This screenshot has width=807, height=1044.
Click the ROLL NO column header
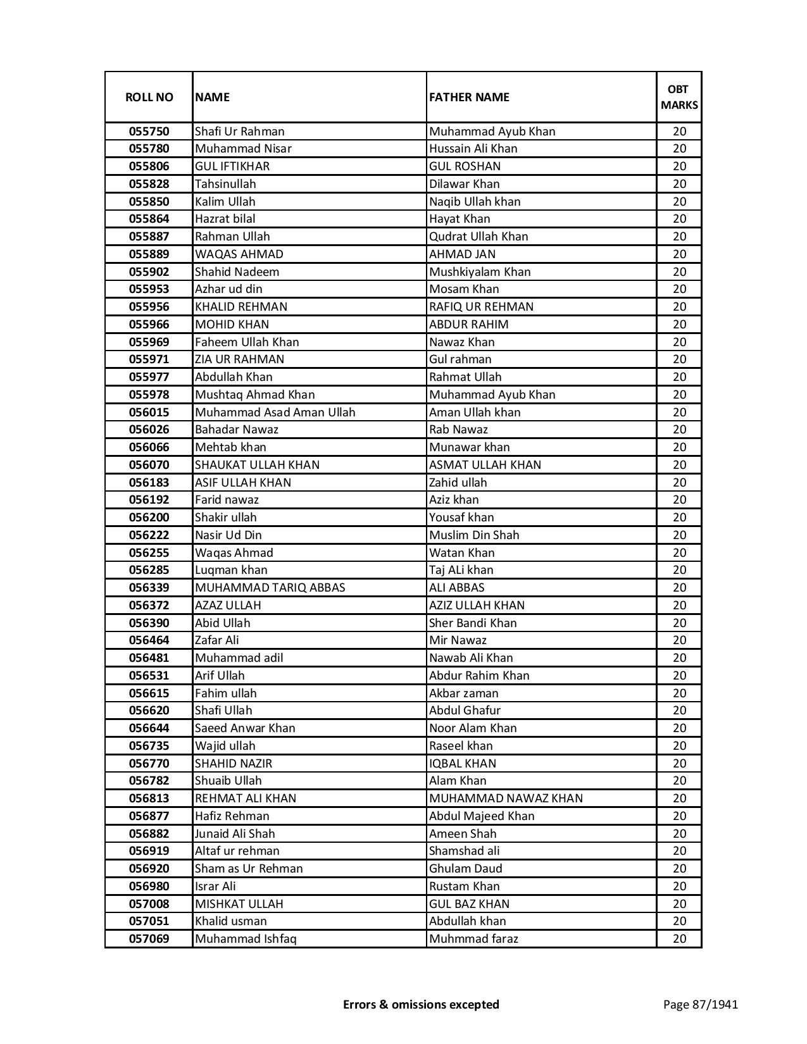(x=149, y=97)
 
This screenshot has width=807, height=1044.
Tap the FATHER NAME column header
(x=469, y=97)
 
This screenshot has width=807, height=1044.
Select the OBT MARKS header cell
(x=679, y=97)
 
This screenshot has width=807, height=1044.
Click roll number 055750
(x=149, y=132)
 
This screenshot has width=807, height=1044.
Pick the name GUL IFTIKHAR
(x=232, y=166)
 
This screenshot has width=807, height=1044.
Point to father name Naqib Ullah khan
(x=475, y=202)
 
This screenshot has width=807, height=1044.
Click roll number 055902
(x=149, y=272)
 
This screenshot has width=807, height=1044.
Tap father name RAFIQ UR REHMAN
(x=481, y=307)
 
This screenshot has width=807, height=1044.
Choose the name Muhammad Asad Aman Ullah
(x=275, y=413)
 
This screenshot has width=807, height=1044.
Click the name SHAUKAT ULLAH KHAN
(x=258, y=465)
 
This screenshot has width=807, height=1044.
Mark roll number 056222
(x=149, y=535)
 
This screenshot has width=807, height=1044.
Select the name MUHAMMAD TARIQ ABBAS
(x=270, y=588)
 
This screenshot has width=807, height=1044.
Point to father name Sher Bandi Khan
(x=473, y=623)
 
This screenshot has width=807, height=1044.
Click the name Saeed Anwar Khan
(x=245, y=728)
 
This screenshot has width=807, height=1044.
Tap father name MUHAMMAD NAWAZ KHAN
(x=506, y=799)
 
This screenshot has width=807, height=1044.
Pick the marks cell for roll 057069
(x=679, y=939)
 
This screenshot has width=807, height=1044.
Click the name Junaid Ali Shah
(x=235, y=834)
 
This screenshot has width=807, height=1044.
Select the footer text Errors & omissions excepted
(x=421, y=1004)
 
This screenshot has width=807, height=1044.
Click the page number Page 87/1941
(x=700, y=1004)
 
